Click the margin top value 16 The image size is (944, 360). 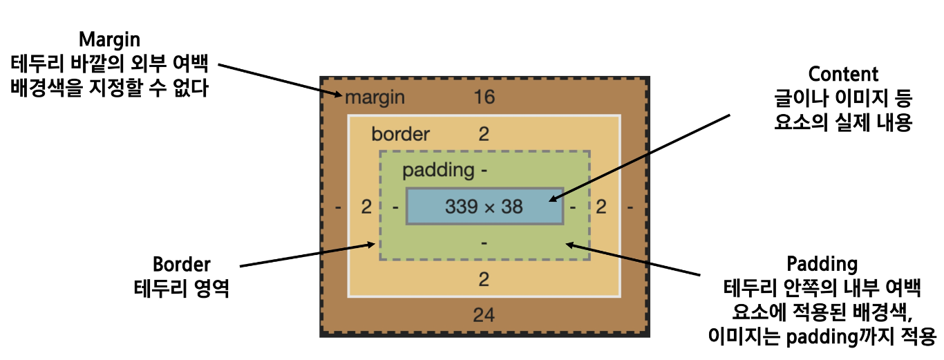[x=484, y=97]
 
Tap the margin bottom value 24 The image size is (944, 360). [x=484, y=316]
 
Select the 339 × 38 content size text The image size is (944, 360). [x=484, y=206]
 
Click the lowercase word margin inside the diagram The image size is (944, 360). [x=375, y=97]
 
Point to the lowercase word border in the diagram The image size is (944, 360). [x=400, y=134]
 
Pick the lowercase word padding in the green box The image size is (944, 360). [x=439, y=170]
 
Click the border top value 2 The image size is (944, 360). [x=484, y=134]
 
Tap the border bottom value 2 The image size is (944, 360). [x=484, y=280]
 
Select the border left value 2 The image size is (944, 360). [x=366, y=207]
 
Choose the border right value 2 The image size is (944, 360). [x=601, y=207]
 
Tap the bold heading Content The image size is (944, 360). [x=842, y=74]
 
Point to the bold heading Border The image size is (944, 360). [x=181, y=265]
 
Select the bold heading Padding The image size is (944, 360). [x=822, y=264]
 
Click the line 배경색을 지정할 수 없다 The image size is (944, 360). [x=109, y=88]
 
